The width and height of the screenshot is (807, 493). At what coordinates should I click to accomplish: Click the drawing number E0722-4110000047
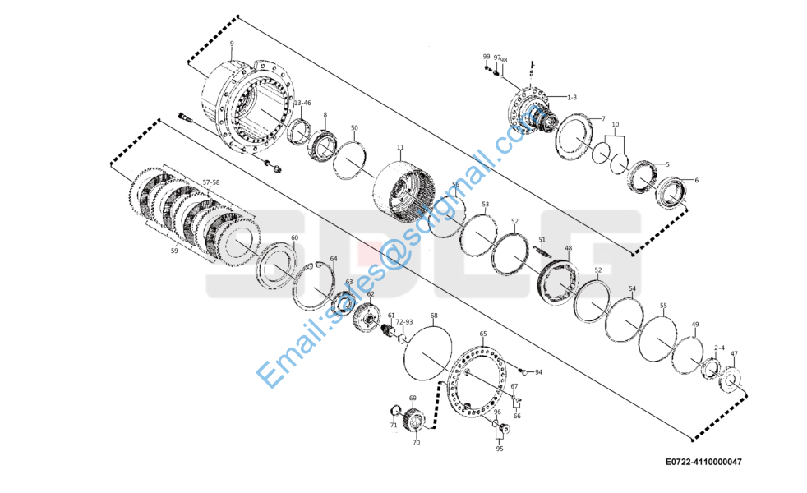point(703,462)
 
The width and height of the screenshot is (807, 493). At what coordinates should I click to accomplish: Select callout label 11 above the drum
point(400,148)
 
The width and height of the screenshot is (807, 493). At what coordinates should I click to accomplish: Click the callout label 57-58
point(200,182)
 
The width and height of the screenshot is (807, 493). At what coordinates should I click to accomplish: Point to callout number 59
point(174,251)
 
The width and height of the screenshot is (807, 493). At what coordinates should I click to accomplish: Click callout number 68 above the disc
point(434,316)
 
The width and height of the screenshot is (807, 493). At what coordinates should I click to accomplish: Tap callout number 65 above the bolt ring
point(483,334)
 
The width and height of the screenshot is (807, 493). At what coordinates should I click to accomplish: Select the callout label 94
point(538,372)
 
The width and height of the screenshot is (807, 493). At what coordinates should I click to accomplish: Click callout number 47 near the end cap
point(734,354)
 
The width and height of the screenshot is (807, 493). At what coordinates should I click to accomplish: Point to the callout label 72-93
point(403,322)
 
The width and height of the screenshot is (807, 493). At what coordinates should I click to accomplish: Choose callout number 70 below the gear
point(416,442)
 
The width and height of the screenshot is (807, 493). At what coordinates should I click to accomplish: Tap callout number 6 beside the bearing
point(696,180)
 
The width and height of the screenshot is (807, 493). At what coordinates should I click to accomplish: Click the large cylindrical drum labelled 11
point(403,191)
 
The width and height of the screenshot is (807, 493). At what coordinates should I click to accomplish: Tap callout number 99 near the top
point(486,57)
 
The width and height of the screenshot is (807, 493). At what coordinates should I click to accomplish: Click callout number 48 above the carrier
point(568,247)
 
